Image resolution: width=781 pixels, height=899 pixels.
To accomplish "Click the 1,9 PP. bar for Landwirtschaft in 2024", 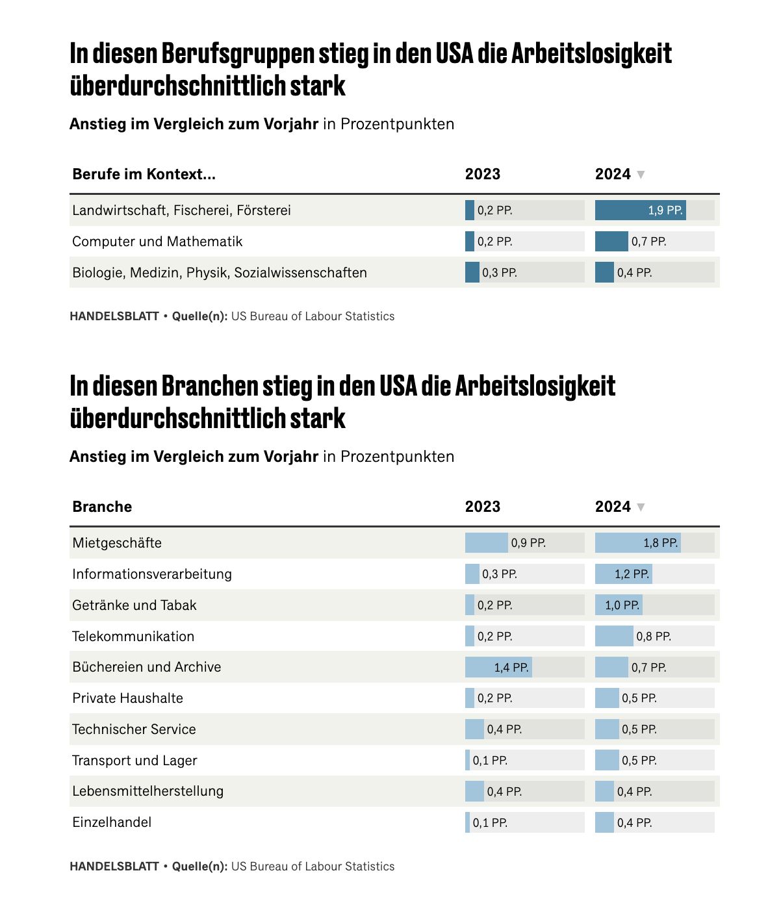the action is [x=640, y=210].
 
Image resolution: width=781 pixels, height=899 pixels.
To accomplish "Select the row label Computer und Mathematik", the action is [x=157, y=241].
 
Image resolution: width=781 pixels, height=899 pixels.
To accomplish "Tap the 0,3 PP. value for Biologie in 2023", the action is [x=499, y=272].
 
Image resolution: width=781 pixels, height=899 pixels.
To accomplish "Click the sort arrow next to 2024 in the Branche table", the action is [x=641, y=507].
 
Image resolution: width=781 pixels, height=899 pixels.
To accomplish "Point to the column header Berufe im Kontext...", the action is [x=144, y=174].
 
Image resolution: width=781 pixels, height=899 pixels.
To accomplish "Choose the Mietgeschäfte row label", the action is [x=117, y=542].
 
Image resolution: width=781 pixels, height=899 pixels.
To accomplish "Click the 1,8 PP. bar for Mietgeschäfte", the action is [x=637, y=542].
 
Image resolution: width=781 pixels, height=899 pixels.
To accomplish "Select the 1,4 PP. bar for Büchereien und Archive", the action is [x=498, y=667].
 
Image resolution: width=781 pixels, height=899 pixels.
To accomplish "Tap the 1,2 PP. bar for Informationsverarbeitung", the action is [x=624, y=574].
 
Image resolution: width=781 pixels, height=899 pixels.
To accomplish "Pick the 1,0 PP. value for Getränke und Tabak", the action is [x=622, y=605].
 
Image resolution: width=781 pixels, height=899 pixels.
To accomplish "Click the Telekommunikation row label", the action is [x=133, y=636].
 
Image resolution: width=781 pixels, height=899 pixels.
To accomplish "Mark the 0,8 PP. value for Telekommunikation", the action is [x=654, y=636].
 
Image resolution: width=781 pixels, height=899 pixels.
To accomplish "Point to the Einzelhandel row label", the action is [x=112, y=822].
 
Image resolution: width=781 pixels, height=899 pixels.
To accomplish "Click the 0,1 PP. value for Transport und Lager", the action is [x=490, y=760].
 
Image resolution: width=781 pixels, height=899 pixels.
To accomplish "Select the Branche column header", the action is [x=102, y=507].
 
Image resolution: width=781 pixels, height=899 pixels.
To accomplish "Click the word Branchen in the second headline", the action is [x=210, y=386].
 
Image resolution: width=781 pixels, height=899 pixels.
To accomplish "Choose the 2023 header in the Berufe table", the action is [x=483, y=174].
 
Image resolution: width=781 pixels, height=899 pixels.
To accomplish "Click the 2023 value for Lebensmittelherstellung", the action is [x=504, y=791].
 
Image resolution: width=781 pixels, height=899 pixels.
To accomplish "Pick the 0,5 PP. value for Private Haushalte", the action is [x=639, y=698].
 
